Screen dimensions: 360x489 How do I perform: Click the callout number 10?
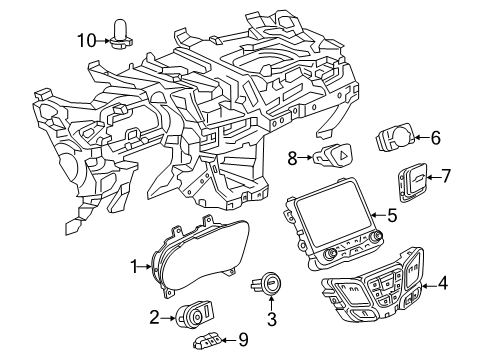point(87,40)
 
